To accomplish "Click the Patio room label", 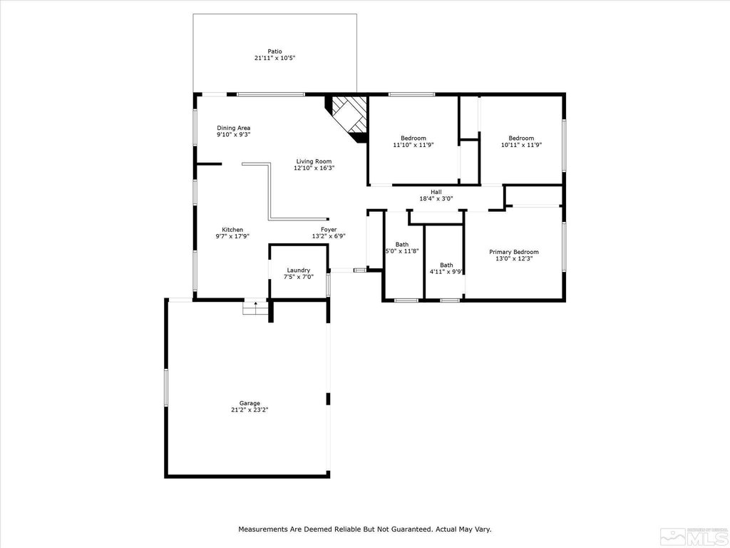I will [x=274, y=51].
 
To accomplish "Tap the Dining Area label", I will [x=233, y=128].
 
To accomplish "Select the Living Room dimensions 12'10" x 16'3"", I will [x=314, y=168].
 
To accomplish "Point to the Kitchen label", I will [x=232, y=230].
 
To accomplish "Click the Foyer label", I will [x=329, y=230].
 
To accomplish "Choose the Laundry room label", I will [x=298, y=270].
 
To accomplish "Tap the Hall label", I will [x=436, y=192].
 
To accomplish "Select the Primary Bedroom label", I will [x=513, y=252].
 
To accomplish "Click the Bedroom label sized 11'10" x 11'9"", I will [x=413, y=138].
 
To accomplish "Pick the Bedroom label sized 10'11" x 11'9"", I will [x=520, y=138].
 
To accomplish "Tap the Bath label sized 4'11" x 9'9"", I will [x=446, y=265].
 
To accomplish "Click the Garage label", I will [x=250, y=403].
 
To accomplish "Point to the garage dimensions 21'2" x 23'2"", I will [x=250, y=410].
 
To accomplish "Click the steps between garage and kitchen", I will [x=253, y=307].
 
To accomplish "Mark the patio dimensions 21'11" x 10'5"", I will [x=274, y=59].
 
